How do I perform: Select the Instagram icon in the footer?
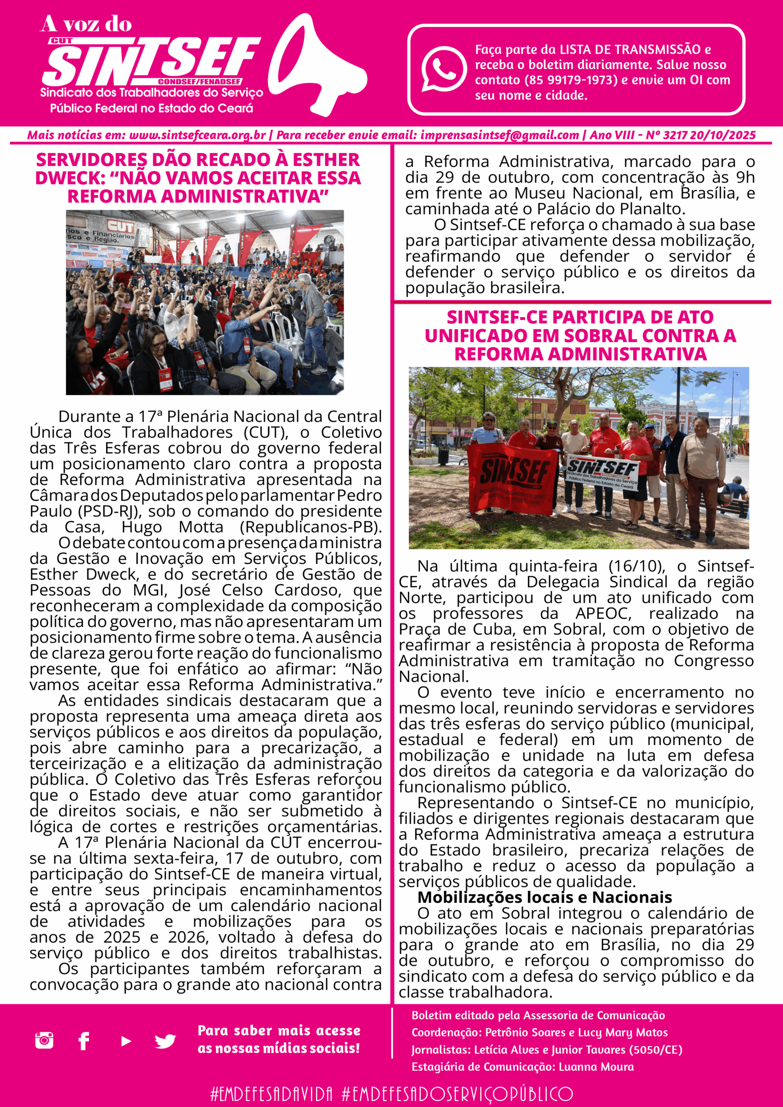(45, 1040)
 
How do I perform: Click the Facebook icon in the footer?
(83, 1041)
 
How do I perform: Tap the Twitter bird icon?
(165, 1041)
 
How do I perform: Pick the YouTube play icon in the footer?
(126, 1041)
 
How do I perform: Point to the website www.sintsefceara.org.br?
(197, 135)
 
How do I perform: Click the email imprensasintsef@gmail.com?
(499, 135)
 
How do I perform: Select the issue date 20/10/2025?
(722, 135)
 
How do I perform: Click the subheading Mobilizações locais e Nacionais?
(544, 897)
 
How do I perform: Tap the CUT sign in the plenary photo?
(120, 226)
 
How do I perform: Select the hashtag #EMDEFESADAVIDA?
(271, 1094)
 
